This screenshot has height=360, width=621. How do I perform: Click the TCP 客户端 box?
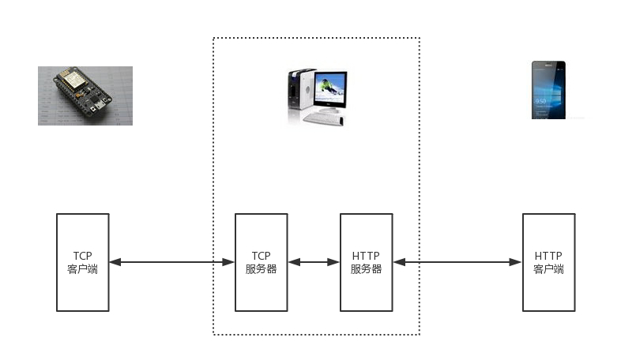coord(82,262)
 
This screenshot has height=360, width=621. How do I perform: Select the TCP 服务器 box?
coord(261,262)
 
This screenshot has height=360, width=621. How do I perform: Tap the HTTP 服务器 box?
coord(366,262)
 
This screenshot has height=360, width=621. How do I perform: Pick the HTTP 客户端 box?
coord(548,262)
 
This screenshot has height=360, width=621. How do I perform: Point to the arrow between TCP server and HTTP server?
coord(314,262)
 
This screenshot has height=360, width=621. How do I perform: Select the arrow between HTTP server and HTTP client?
coord(457,262)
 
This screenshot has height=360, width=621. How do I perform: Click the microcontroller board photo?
coord(85,96)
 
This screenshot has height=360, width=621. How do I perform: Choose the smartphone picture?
coord(548,89)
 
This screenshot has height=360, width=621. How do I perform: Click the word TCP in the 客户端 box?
coord(82,256)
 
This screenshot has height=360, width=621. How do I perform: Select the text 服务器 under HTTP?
coord(366,269)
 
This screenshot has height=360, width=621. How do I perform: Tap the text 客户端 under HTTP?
coord(548,269)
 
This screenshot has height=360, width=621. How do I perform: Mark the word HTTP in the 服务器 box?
coord(366,256)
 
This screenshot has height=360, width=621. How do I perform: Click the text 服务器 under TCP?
coord(261,269)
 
